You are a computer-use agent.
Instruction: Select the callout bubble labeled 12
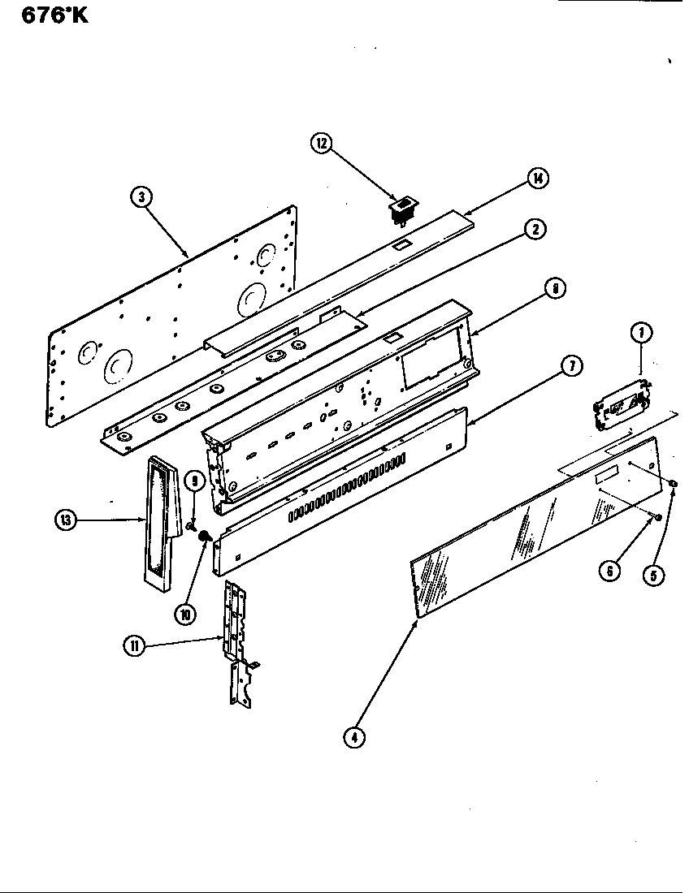pos(322,144)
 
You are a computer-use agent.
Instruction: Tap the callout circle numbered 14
pos(537,179)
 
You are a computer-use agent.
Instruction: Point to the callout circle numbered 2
pos(534,230)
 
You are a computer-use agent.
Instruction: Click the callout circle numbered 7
pos(571,367)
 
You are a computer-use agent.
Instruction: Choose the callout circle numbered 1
pos(641,331)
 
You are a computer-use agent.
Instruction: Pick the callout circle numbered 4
pos(353,738)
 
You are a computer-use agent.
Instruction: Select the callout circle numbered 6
pos(609,572)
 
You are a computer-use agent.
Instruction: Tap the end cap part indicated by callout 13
pos(161,520)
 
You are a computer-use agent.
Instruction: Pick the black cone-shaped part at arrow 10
pos(206,537)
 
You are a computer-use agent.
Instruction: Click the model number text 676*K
pos(48,15)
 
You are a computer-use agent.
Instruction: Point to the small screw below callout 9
pos(191,526)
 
